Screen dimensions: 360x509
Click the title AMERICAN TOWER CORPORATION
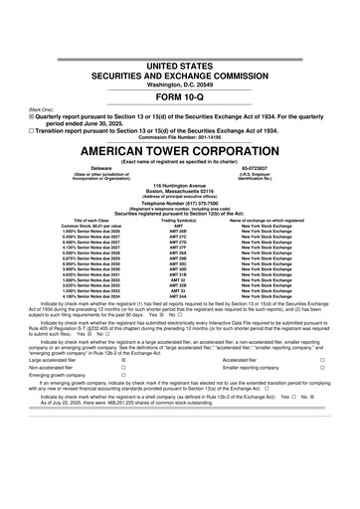click(180, 134)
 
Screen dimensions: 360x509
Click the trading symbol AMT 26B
click(180, 236)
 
